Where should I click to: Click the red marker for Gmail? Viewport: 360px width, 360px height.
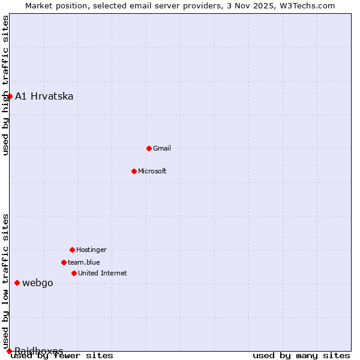click(x=149, y=148)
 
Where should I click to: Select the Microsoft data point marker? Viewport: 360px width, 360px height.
click(x=134, y=171)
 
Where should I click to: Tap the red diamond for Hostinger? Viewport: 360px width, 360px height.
click(x=72, y=250)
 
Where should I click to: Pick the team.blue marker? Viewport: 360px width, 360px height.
click(x=64, y=262)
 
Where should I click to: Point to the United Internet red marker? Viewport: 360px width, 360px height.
click(x=74, y=273)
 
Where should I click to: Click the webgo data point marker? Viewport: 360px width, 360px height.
click(x=17, y=283)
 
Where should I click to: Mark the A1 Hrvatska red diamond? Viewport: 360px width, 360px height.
click(x=10, y=96)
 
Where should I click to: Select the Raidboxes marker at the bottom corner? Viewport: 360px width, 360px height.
click(x=9, y=351)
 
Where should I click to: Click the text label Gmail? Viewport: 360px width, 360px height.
click(x=162, y=148)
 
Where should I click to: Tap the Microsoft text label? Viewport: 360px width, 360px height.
click(x=152, y=171)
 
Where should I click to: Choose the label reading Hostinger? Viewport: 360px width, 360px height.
click(x=91, y=250)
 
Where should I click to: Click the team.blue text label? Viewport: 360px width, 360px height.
click(x=84, y=262)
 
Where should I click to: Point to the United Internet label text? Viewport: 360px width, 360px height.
click(x=102, y=273)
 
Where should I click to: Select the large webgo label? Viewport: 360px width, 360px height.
click(x=38, y=283)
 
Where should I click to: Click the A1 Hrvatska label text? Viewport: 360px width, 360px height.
click(x=44, y=96)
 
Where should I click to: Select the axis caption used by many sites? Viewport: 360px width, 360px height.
click(x=301, y=355)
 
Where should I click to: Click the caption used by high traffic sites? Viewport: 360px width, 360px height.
click(x=5, y=85)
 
